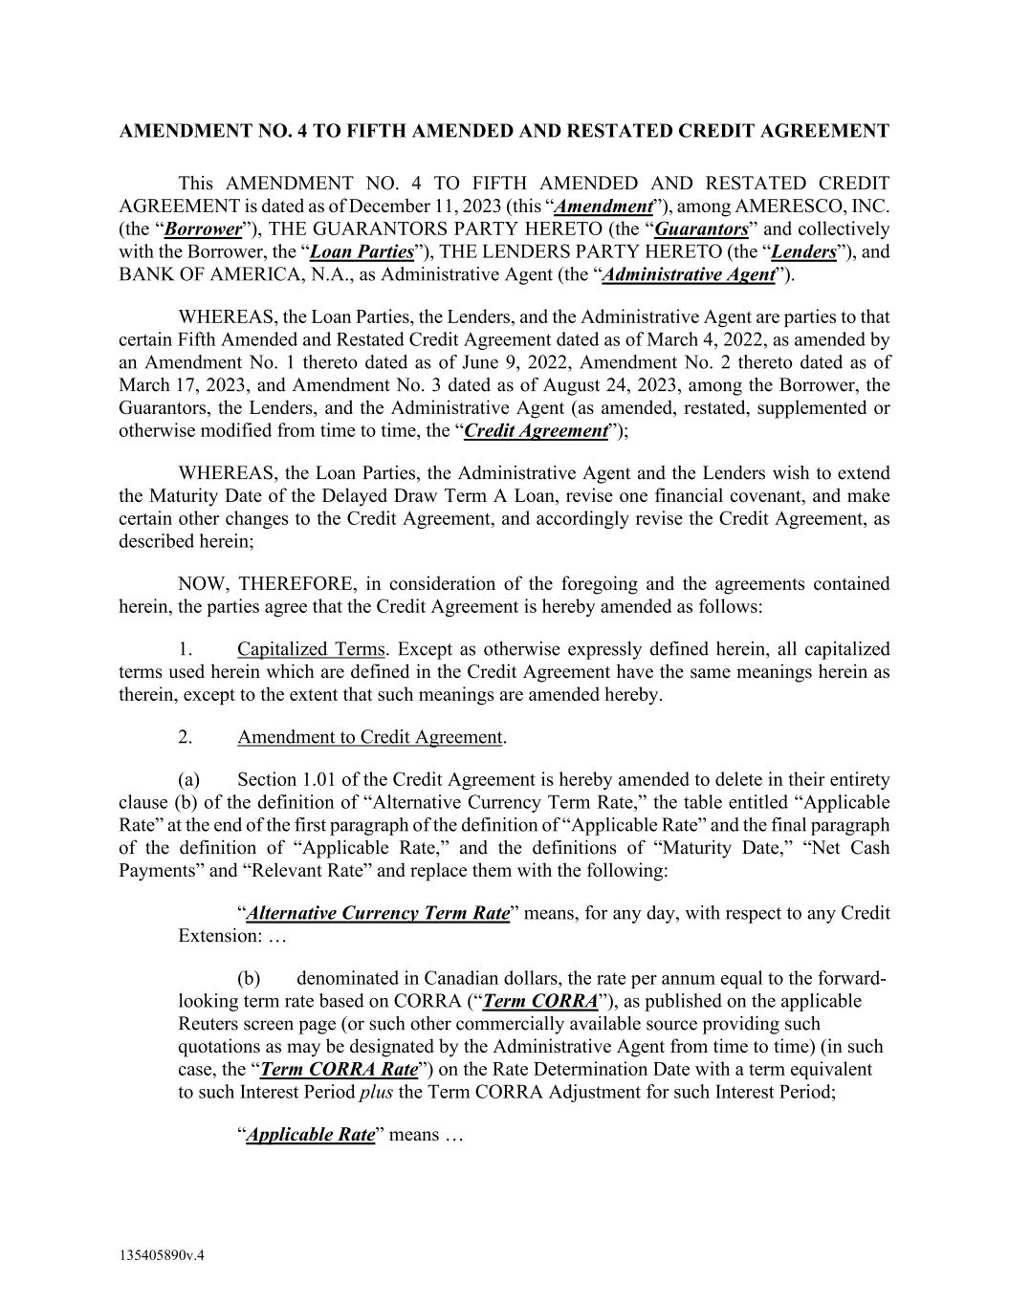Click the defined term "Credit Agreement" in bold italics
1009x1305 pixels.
click(x=536, y=430)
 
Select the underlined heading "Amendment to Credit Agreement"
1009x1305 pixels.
click(x=369, y=737)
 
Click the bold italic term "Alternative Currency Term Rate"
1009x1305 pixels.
click(x=377, y=913)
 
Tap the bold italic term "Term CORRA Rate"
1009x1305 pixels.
click(x=340, y=1069)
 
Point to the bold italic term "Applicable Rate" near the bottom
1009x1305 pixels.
click(x=310, y=1135)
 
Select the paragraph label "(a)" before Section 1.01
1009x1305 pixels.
click(x=188, y=780)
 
